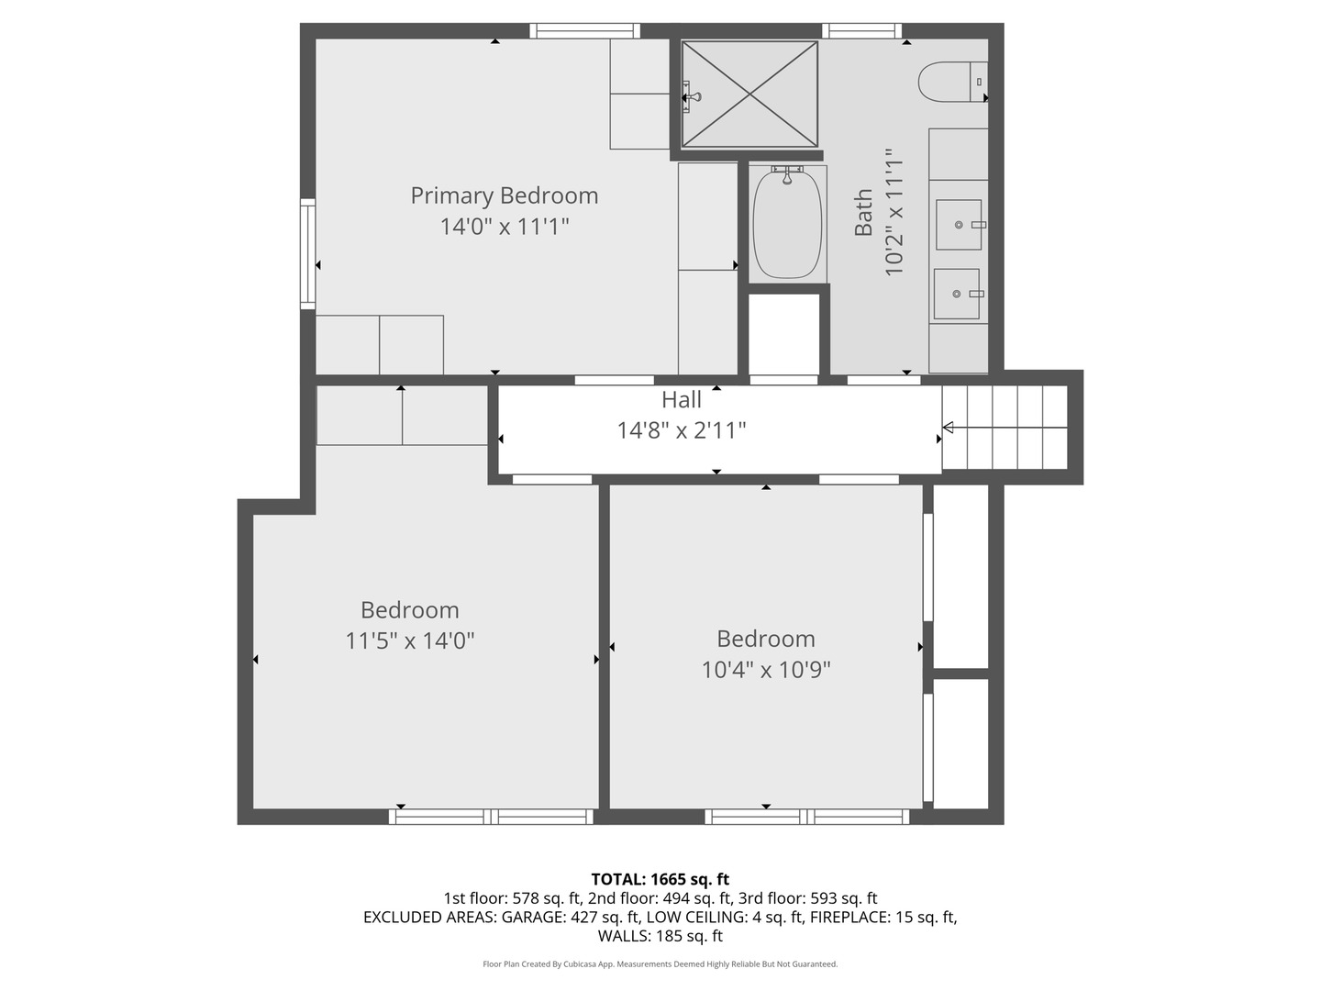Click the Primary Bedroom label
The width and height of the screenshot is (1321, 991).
(x=504, y=195)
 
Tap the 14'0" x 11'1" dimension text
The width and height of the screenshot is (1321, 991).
(x=504, y=227)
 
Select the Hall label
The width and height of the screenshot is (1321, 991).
(x=682, y=400)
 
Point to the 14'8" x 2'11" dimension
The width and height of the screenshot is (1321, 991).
(x=682, y=430)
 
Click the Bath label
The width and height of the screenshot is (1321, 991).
(x=863, y=213)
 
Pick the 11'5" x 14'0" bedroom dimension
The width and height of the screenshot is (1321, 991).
(x=409, y=640)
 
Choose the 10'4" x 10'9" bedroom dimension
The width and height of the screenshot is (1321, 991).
(x=766, y=670)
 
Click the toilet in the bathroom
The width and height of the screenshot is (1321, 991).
(x=950, y=82)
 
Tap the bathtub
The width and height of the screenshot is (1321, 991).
(x=787, y=224)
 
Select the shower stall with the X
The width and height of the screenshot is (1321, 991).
(x=749, y=94)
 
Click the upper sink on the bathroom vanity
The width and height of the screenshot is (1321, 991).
(x=959, y=225)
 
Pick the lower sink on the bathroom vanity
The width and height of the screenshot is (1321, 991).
(x=957, y=294)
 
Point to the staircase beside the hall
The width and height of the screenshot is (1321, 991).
(x=1005, y=428)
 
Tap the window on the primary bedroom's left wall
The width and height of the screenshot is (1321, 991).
(x=307, y=253)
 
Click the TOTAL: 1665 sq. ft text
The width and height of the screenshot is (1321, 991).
(x=660, y=879)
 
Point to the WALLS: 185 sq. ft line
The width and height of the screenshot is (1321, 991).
(x=660, y=936)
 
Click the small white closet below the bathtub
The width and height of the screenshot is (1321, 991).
(x=783, y=333)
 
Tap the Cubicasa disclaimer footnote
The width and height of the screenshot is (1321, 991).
(x=660, y=964)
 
